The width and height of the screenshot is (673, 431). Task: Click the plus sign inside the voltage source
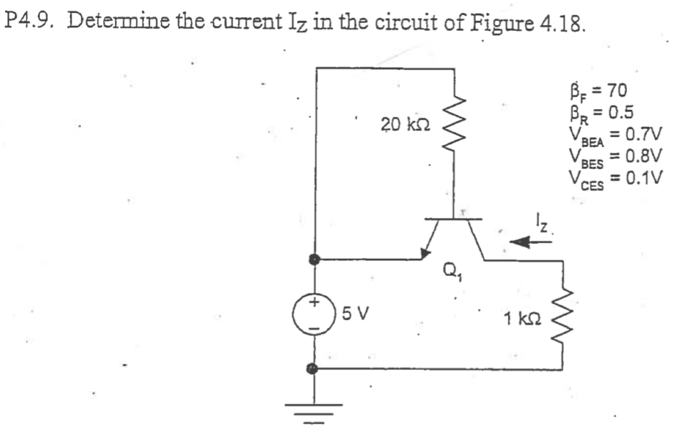pyautogui.click(x=314, y=302)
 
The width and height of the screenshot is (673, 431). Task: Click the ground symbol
pyautogui.click(x=314, y=411)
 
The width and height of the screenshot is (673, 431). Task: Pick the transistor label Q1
pyautogui.click(x=452, y=273)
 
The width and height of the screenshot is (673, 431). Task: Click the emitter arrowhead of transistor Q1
pyautogui.click(x=425, y=254)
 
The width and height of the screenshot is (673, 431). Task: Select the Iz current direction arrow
pyautogui.click(x=530, y=242)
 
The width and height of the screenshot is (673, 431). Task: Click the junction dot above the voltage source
pyautogui.click(x=314, y=259)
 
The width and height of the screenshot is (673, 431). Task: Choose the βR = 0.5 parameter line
pyautogui.click(x=600, y=113)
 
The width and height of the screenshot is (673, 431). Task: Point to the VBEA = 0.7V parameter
pyautogui.click(x=615, y=135)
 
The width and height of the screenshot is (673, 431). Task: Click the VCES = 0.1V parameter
pyautogui.click(x=615, y=179)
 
